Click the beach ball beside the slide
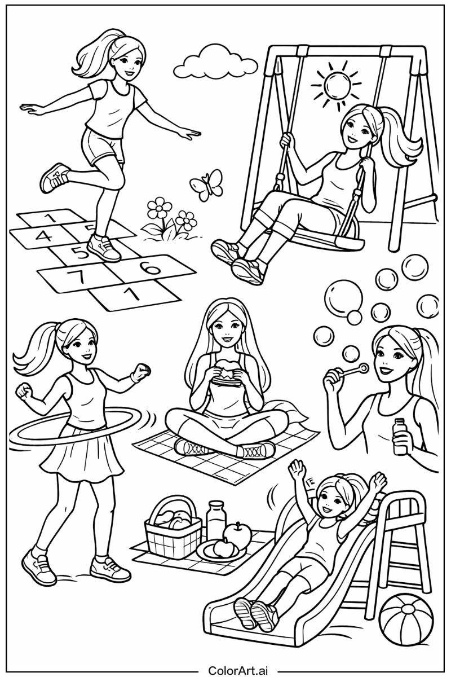406,621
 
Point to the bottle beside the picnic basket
215,520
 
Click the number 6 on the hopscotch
149,268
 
